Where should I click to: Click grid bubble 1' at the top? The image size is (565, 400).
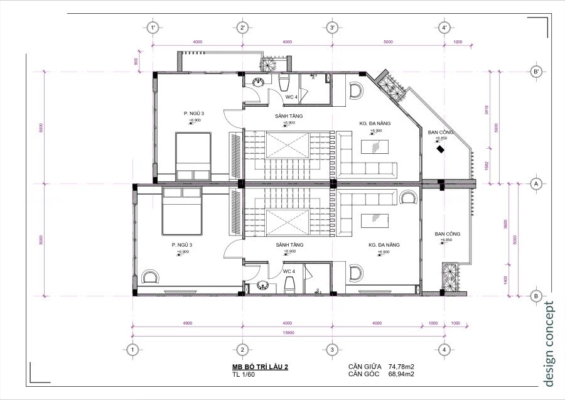(152, 28)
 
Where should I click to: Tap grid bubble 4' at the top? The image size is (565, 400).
(444, 28)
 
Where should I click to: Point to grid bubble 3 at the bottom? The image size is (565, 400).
(332, 349)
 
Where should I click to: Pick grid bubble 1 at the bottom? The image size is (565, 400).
(132, 349)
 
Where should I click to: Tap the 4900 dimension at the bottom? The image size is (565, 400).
(187, 322)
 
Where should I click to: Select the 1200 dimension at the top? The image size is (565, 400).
(457, 42)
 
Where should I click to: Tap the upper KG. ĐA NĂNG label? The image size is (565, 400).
(375, 124)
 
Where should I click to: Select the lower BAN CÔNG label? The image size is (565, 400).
(447, 234)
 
